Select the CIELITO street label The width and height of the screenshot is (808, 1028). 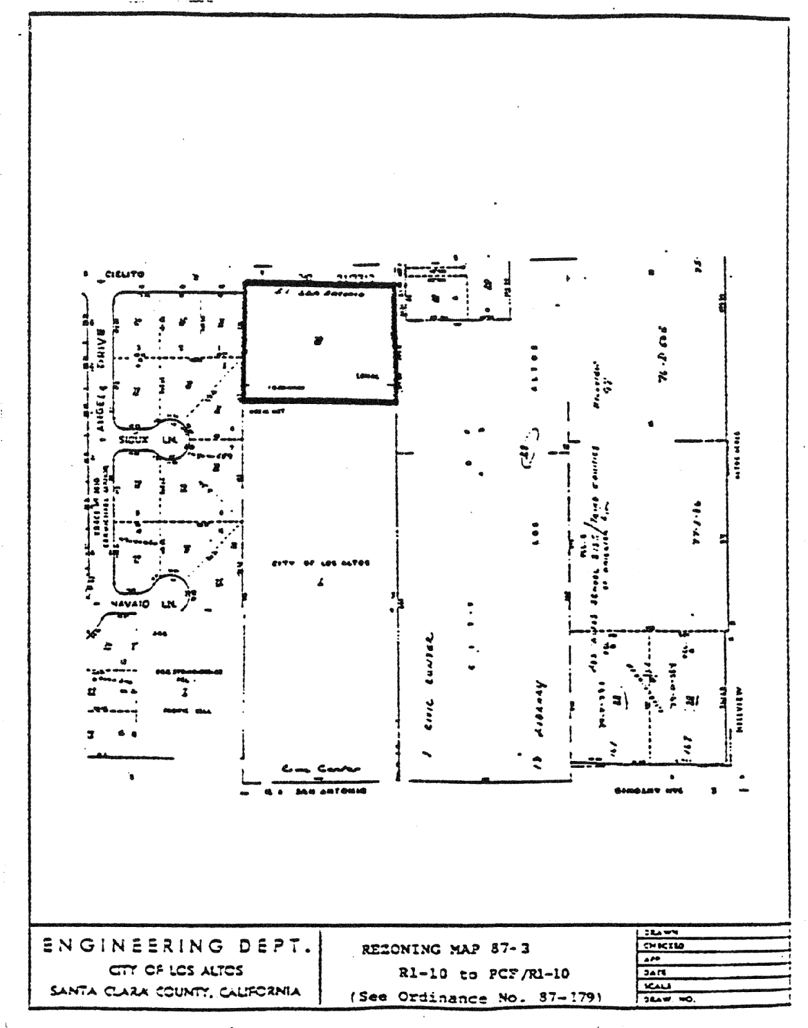point(125,274)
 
